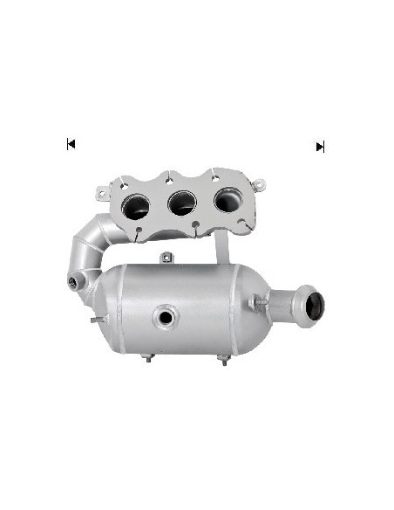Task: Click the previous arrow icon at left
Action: pos(71,144)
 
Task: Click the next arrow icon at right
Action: pos(320,147)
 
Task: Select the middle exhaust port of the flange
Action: pos(182,204)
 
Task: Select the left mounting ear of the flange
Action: pos(103,189)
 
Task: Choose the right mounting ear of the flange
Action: pos(259,183)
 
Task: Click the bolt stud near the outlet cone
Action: pos(255,303)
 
